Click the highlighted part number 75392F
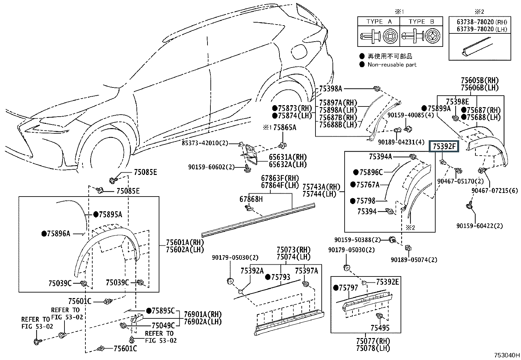(444, 146)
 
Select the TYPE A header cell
(379, 22)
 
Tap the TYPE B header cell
(421, 22)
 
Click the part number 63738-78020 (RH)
(482, 22)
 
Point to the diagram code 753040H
(507, 355)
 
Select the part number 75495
(380, 328)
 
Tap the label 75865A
(284, 127)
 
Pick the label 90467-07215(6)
(495, 191)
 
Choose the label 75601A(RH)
(185, 243)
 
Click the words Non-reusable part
(392, 65)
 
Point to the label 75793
(280, 277)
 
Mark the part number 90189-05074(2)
(414, 260)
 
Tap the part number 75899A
(439, 108)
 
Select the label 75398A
(331, 88)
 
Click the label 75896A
(59, 234)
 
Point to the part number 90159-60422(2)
(480, 226)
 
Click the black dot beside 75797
(335, 288)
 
